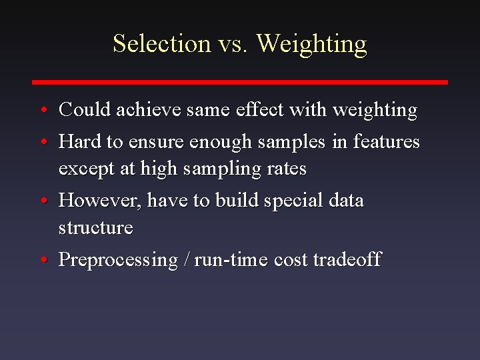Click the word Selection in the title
pos(162,43)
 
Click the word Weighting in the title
pos(311,45)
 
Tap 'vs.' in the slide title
pos(233,43)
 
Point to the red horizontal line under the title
pos(240,82)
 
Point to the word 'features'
pos(387,141)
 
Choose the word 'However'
pos(100,201)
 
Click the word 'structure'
pos(96,228)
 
